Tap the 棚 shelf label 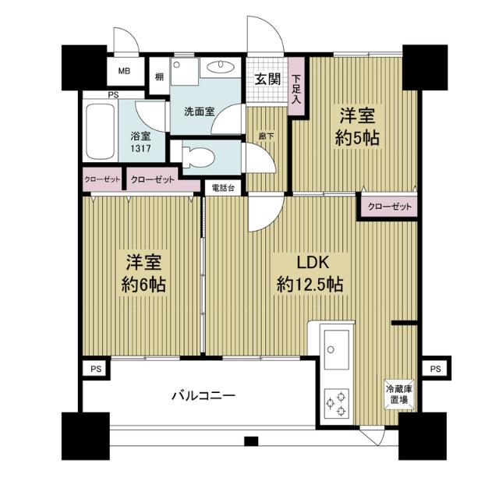[x=159, y=76]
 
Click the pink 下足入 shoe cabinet [x=297, y=90]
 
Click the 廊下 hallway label [x=266, y=136]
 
